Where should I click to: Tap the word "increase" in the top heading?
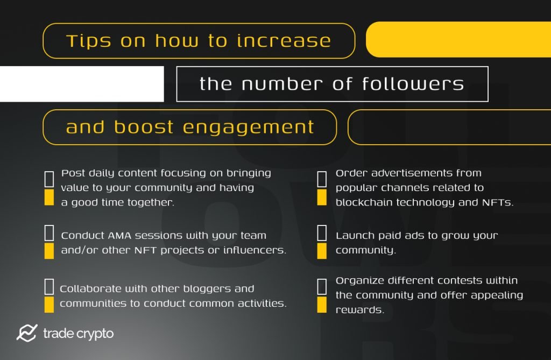(284, 41)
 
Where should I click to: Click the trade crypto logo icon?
(26, 333)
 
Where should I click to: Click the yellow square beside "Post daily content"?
(49, 197)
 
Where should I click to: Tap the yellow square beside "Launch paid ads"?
(322, 251)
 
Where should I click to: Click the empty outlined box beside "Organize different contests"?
(322, 286)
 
